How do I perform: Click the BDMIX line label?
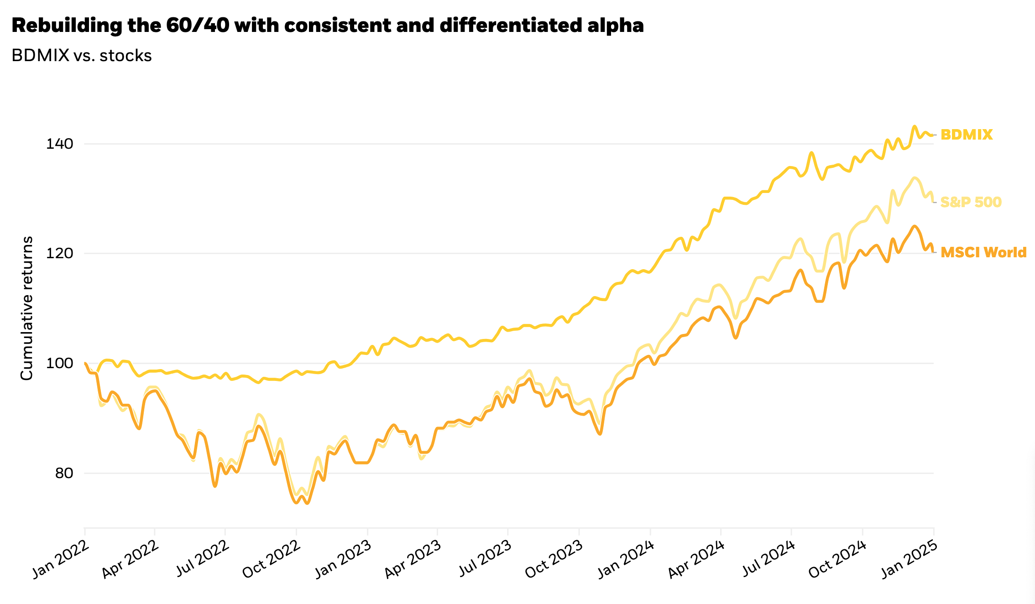pyautogui.click(x=967, y=135)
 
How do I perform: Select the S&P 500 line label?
pyautogui.click(x=971, y=202)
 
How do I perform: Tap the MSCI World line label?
pyautogui.click(x=983, y=252)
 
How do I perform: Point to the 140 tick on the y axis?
pyautogui.click(x=59, y=144)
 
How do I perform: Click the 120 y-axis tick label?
pyautogui.click(x=59, y=254)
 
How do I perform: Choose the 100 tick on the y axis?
pyautogui.click(x=59, y=364)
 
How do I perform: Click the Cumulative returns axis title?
pyautogui.click(x=27, y=308)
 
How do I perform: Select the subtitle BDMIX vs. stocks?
pyautogui.click(x=82, y=56)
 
